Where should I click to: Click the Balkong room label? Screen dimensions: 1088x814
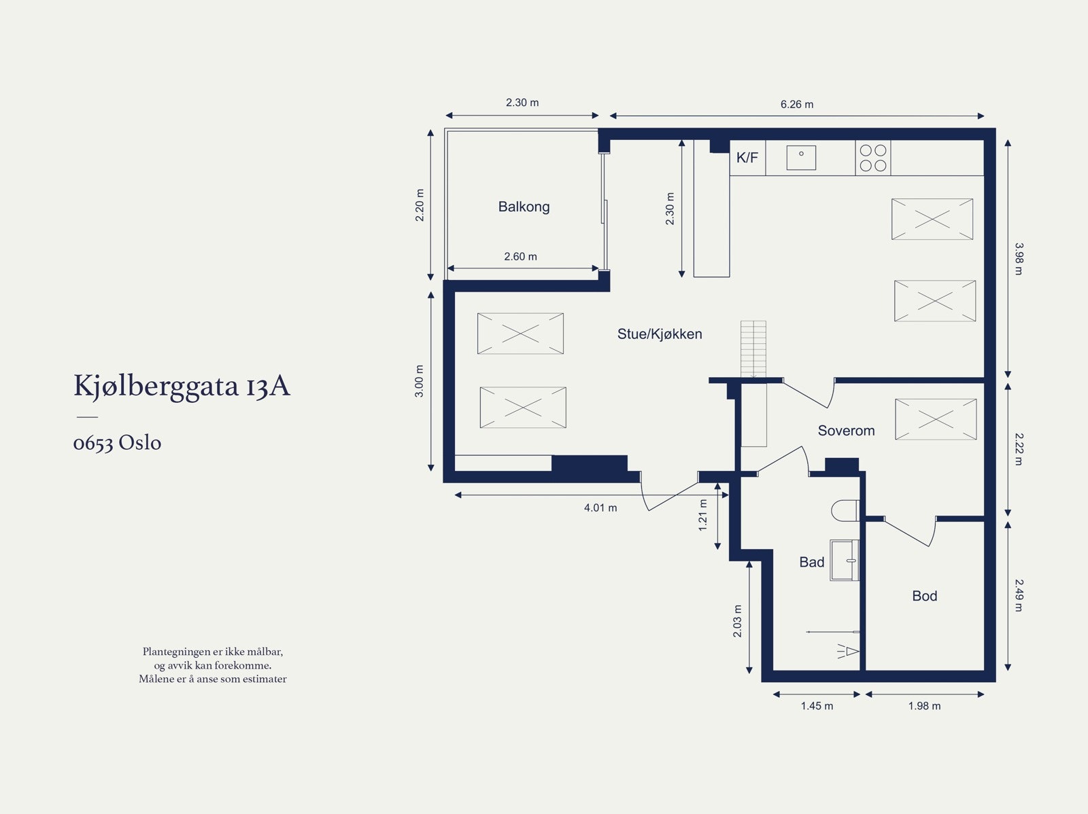coord(524,207)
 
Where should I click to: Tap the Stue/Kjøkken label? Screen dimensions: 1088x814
coord(659,334)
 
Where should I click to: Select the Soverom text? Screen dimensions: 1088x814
coord(846,430)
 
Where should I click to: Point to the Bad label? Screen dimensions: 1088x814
coord(811,562)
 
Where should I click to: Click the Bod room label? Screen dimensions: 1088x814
coord(924,596)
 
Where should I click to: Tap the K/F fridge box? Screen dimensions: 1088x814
coord(747,158)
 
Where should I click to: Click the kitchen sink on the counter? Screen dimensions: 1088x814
coord(801,158)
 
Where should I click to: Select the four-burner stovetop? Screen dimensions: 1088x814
coord(873,158)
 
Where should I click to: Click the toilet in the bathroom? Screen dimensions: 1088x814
coord(845,510)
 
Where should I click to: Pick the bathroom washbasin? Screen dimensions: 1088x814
coord(845,560)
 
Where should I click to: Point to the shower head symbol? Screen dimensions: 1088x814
coord(849,651)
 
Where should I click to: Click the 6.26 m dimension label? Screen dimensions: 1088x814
coord(796,105)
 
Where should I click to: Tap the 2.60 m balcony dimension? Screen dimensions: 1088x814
coord(520,256)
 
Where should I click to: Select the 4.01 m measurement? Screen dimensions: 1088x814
coord(600,508)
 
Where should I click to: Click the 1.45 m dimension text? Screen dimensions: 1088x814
coord(817,706)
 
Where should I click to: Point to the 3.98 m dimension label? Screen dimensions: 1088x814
coord(1019,258)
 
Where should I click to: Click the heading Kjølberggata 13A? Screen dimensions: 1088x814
coord(182,386)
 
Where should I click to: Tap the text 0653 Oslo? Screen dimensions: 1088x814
coord(117,442)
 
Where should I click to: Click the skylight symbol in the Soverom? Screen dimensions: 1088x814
coord(936,419)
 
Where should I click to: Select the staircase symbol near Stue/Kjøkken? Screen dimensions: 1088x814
coord(753,349)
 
